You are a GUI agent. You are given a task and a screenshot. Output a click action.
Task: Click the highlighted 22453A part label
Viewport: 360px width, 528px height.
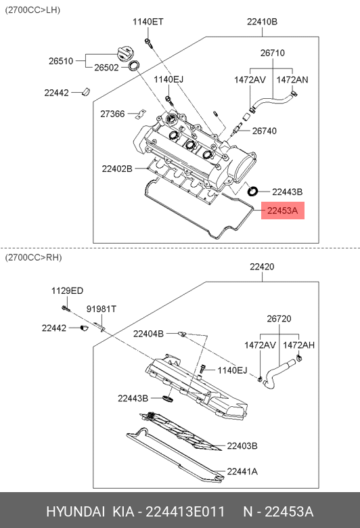click(x=283, y=211)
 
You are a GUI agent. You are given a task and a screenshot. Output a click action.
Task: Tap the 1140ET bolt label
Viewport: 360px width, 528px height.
click(x=148, y=22)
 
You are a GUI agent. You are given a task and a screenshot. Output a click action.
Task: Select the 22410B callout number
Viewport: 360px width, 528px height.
click(x=262, y=22)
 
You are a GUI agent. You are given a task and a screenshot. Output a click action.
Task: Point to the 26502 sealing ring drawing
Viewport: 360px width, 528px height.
click(x=134, y=66)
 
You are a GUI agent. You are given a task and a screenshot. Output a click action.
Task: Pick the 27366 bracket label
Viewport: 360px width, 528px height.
click(x=112, y=114)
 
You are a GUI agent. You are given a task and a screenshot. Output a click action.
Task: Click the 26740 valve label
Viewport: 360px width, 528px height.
click(x=265, y=131)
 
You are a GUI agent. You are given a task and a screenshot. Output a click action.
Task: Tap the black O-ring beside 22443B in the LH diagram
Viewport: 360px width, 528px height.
click(x=252, y=191)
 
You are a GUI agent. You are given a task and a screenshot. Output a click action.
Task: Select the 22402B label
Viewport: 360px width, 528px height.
click(x=117, y=169)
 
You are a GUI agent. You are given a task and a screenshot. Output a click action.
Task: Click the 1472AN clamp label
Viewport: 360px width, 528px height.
click(x=292, y=80)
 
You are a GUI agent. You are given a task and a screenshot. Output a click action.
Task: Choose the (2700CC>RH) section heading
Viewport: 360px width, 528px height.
click(x=33, y=258)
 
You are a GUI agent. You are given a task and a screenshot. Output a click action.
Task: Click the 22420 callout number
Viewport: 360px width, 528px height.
click(x=262, y=267)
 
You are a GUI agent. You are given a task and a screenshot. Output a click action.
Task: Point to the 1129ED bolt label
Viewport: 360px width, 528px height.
click(x=67, y=291)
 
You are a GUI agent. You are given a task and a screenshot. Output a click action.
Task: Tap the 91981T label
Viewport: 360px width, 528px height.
click(x=102, y=309)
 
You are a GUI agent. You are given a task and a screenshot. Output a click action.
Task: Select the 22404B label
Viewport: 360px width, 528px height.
click(x=148, y=334)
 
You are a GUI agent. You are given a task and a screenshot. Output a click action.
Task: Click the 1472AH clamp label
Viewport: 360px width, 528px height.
click(x=298, y=345)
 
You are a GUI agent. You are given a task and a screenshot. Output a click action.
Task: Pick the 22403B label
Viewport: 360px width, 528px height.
click(x=242, y=446)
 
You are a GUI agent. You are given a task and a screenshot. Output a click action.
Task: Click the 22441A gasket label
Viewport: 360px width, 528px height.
click(x=242, y=472)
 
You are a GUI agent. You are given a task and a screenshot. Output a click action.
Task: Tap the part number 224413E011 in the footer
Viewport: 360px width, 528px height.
click(x=185, y=512)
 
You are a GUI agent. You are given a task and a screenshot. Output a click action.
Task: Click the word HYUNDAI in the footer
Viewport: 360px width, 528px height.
click(x=75, y=512)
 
